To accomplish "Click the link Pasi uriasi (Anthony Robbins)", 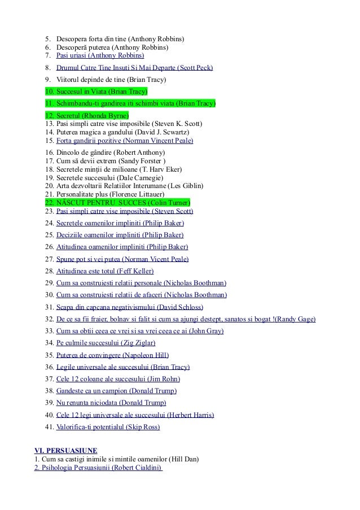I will [100, 55].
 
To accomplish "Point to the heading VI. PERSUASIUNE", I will [65, 450].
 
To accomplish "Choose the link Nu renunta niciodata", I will [87, 403].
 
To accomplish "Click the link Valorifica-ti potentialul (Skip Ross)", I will [108, 427].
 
